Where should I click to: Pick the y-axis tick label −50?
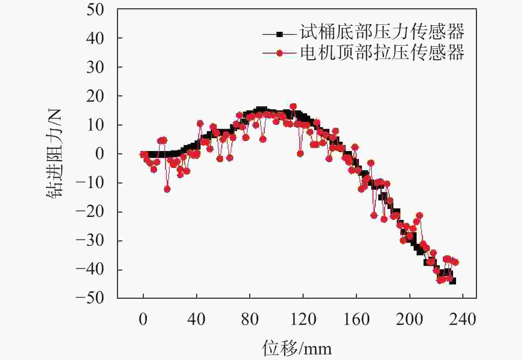[x=90, y=298]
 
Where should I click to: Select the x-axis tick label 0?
[x=143, y=320]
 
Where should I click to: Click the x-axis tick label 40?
[x=196, y=320]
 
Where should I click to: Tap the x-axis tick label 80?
[x=250, y=320]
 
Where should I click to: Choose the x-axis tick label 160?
[x=356, y=320]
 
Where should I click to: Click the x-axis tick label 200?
[x=410, y=320]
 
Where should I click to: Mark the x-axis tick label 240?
[x=463, y=320]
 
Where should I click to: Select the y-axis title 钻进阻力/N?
[x=54, y=154]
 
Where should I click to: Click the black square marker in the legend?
[x=280, y=34]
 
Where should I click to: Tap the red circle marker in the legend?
[x=280, y=53]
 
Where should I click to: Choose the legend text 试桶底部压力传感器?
[x=382, y=32]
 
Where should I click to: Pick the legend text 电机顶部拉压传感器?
[x=382, y=52]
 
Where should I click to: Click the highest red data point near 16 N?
[x=293, y=107]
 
